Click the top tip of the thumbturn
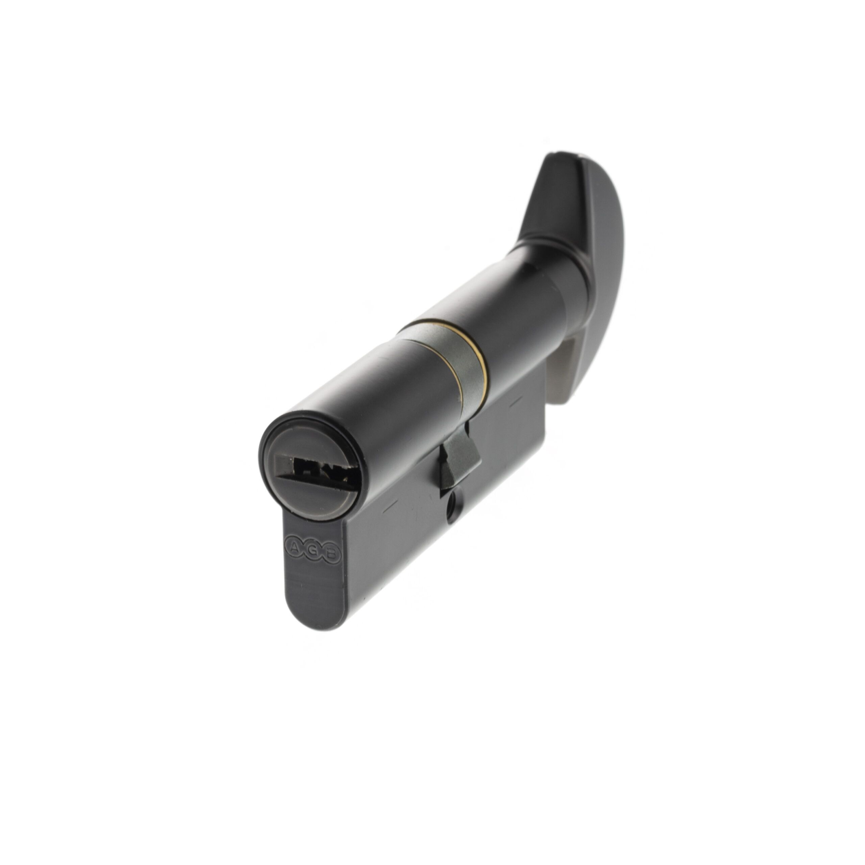554,157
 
